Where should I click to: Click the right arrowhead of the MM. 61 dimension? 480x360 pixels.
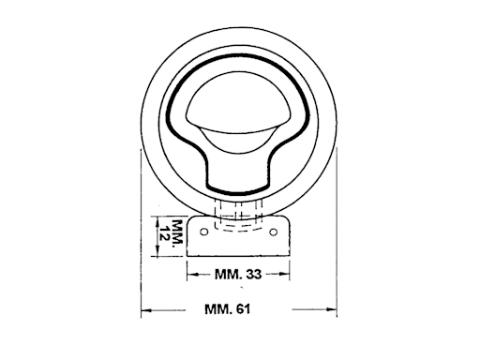click(x=333, y=308)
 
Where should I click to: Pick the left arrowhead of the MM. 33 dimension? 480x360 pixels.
click(x=190, y=275)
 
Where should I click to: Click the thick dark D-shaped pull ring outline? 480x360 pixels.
click(x=174, y=103)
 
